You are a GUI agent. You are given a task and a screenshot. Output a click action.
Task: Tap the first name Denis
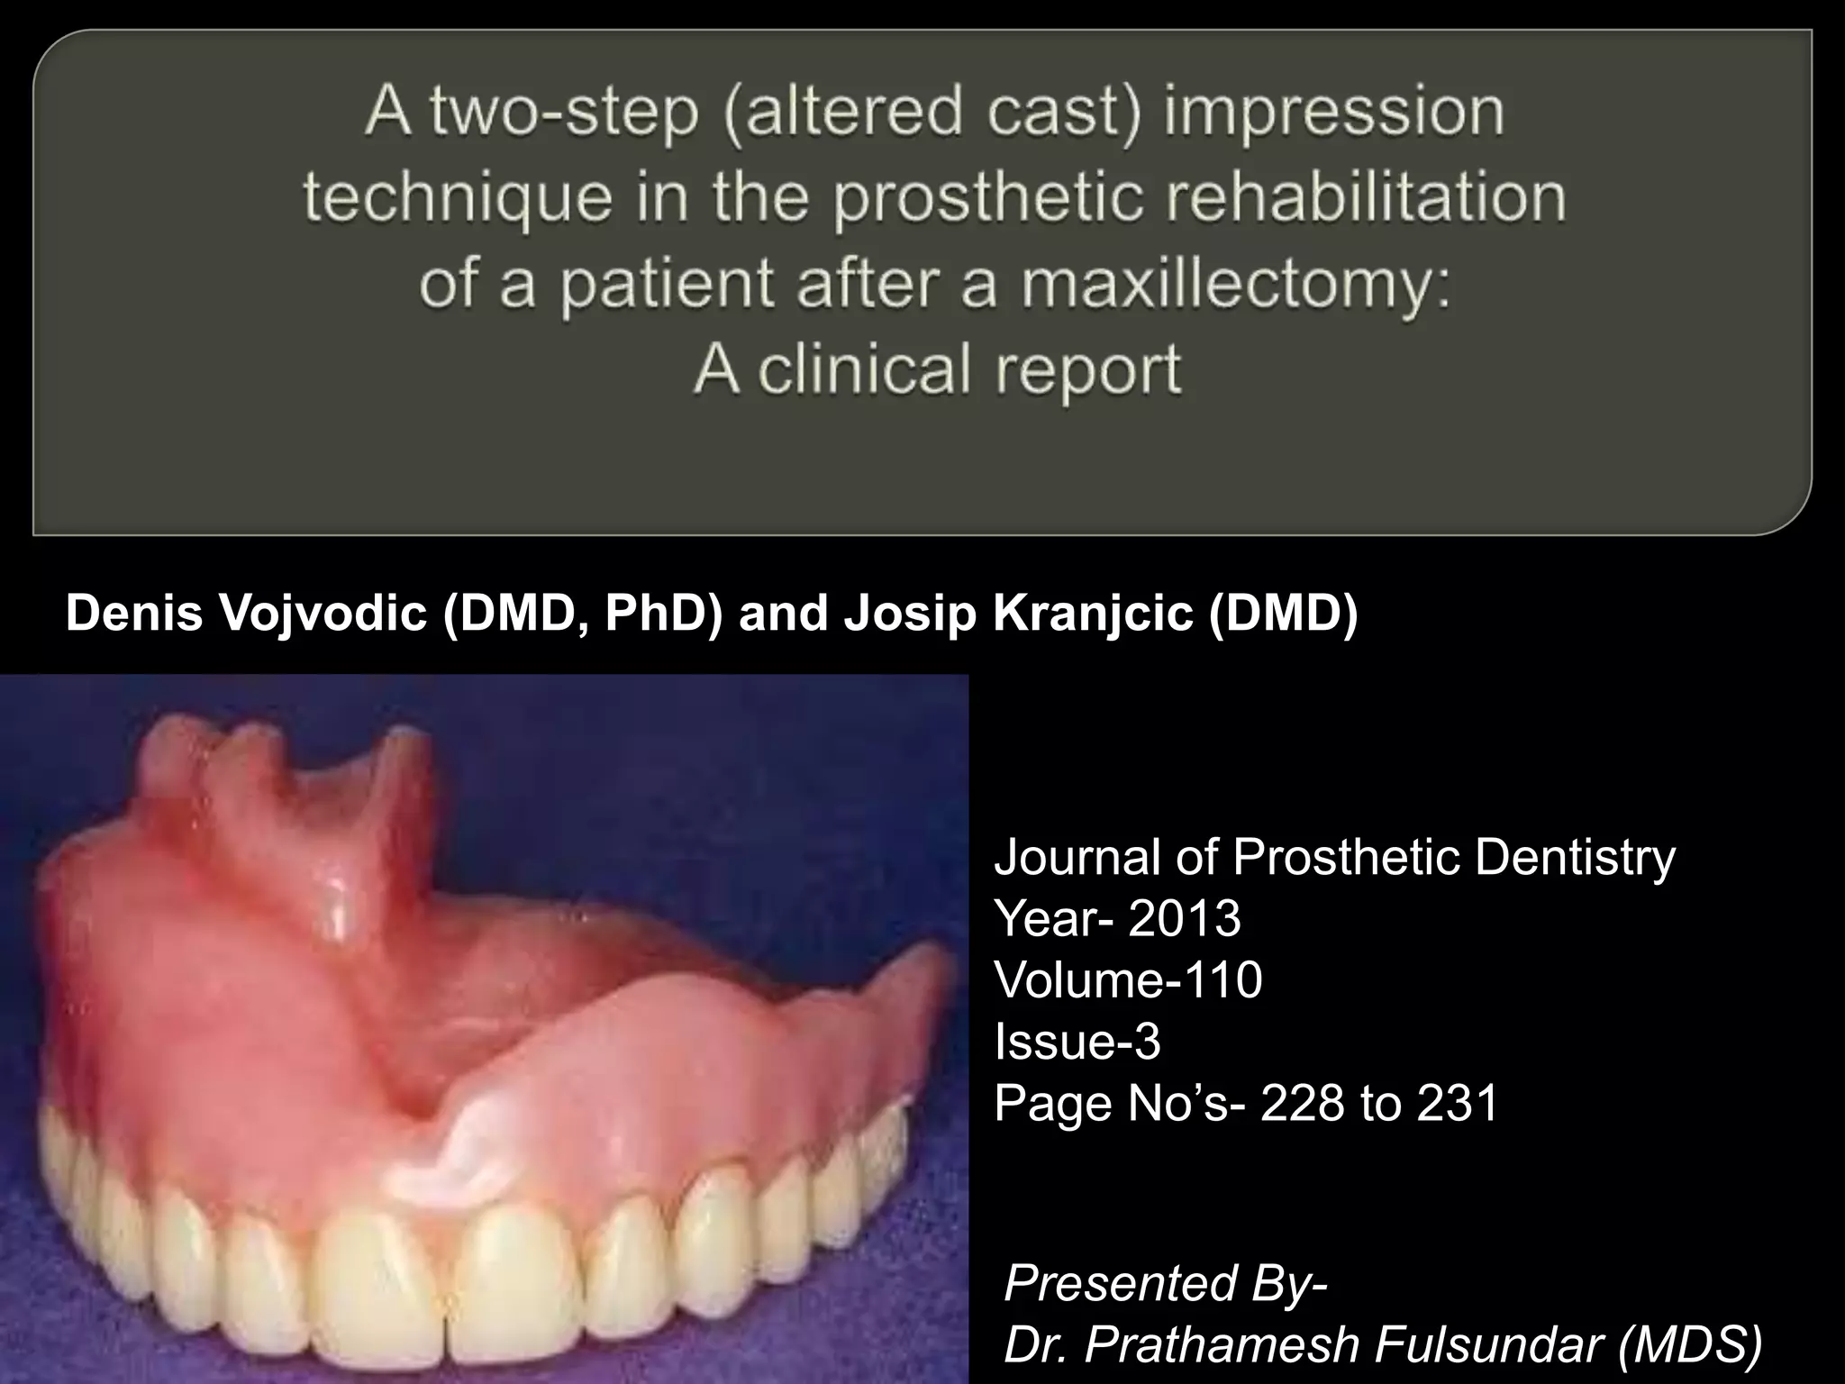134,614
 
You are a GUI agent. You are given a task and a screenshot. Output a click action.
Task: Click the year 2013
1184,918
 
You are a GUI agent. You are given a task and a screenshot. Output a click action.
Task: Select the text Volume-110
1128,979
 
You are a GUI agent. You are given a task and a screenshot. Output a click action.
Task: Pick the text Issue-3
1077,1041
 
